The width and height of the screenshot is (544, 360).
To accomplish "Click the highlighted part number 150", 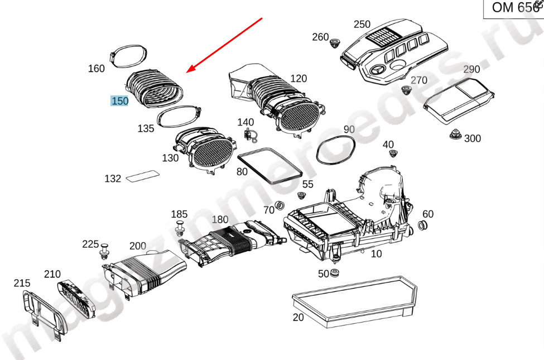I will tap(120, 101).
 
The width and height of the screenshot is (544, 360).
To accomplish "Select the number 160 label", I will tap(97, 69).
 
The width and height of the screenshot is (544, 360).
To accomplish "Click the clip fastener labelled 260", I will tap(336, 44).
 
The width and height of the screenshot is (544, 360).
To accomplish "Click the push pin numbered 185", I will tap(180, 228).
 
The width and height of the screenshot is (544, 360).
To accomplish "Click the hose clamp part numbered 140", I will tap(249, 133).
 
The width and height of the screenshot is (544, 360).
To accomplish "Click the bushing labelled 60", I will tap(422, 225).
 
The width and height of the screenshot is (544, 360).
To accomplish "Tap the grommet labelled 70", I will tap(281, 204).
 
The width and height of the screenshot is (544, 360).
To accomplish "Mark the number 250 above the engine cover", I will tap(362, 25).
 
